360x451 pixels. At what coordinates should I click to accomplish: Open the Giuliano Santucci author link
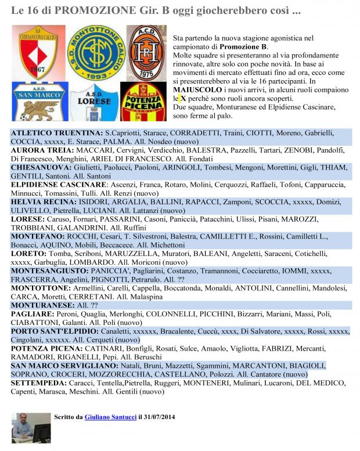(x=110, y=417)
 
